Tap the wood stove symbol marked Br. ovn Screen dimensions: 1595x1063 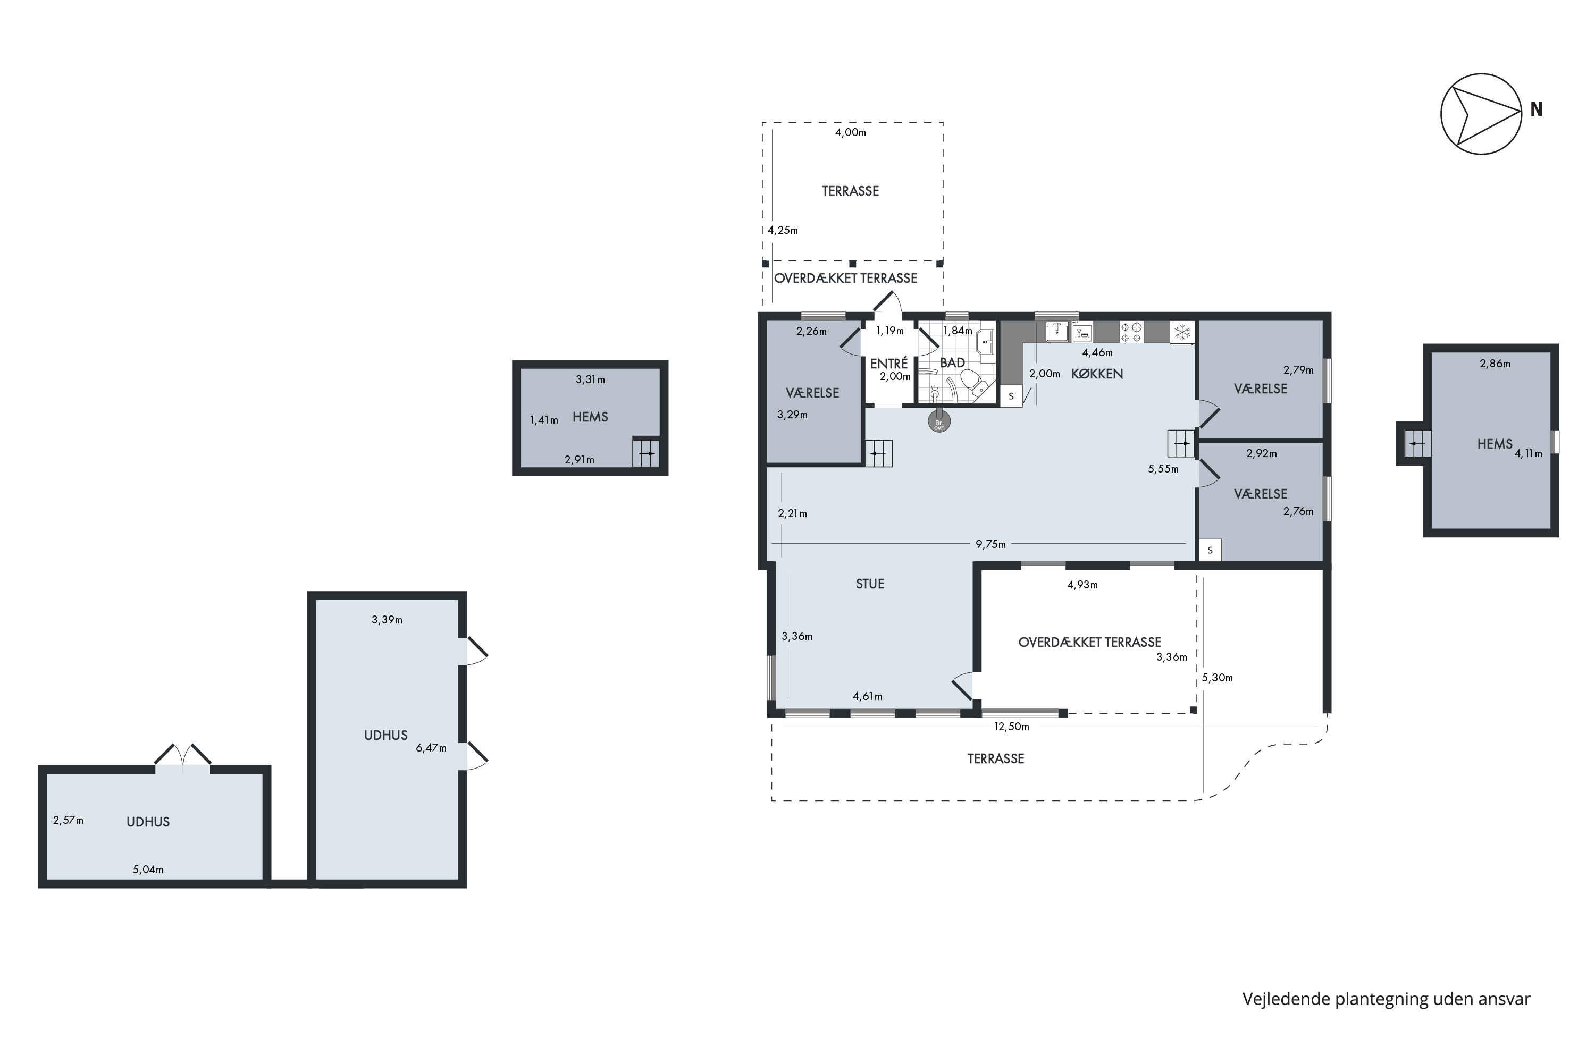[x=939, y=421]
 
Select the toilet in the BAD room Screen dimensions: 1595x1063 [x=974, y=383]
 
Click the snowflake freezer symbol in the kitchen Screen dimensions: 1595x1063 [x=1182, y=332]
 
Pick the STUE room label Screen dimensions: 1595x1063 [x=870, y=584]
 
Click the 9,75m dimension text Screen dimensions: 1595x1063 [x=991, y=544]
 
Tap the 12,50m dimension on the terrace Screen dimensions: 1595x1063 [x=1012, y=727]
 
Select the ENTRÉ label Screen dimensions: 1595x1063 [x=888, y=364]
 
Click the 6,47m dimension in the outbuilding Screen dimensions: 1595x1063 [x=431, y=748]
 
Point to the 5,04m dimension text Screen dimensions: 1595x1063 [x=148, y=869]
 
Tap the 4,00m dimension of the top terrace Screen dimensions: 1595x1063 [x=850, y=132]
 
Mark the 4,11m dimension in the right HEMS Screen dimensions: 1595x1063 [x=1529, y=453]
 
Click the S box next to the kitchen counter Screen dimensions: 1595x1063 [x=1011, y=396]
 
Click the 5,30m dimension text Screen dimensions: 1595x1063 [x=1218, y=677]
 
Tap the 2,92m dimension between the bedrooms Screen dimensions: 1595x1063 [x=1261, y=453]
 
